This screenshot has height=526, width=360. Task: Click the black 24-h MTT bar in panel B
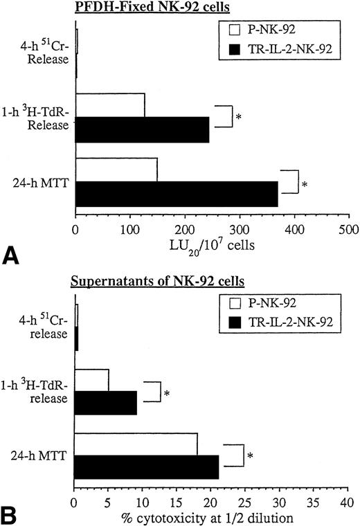coord(146,467)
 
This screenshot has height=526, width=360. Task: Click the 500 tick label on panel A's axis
coord(349,228)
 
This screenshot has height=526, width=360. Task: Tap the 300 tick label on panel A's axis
coord(240,228)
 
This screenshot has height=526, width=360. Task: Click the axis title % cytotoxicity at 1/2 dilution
coord(210,516)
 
